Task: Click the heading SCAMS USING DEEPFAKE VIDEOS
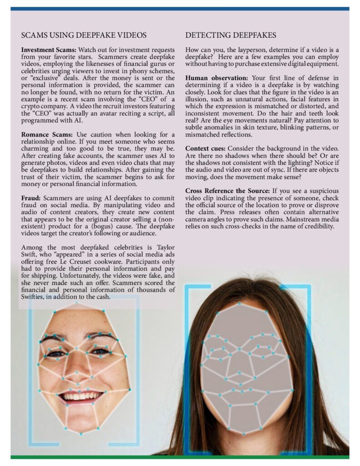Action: tap(84, 35)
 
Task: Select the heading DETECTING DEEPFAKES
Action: tap(231, 35)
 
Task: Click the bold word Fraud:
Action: tap(31, 198)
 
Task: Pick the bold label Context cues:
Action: tap(205, 149)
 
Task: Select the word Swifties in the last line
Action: tap(34, 297)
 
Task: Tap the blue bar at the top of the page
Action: tap(180, 8)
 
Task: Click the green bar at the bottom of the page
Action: tap(180, 456)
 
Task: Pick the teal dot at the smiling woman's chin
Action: tap(81, 434)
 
